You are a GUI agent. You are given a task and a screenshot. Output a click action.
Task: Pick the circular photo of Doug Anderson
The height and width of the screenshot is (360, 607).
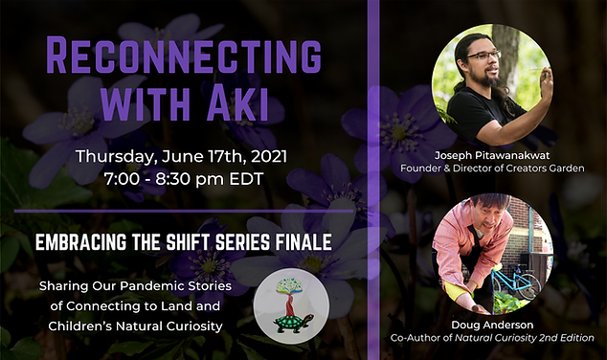point(491,254)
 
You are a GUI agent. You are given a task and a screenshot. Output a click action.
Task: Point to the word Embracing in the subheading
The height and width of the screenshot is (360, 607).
point(81,243)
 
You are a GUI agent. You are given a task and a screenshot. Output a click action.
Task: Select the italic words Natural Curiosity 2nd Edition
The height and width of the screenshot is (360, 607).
point(538,338)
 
